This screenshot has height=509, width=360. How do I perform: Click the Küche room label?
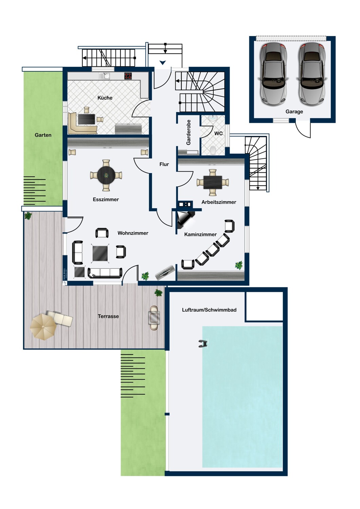(x=105, y=98)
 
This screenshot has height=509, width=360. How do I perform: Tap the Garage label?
(x=294, y=111)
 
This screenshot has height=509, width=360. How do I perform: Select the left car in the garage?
(x=273, y=74)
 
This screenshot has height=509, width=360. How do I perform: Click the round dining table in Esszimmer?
(x=106, y=175)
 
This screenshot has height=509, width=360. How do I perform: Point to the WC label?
(x=218, y=133)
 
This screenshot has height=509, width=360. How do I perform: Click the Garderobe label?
(x=189, y=132)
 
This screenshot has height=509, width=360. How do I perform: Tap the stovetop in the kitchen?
(x=128, y=76)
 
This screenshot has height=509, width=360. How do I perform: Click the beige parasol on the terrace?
(x=43, y=327)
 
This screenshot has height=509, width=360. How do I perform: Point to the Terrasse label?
(x=108, y=316)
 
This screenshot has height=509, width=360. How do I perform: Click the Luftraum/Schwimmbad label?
(x=209, y=310)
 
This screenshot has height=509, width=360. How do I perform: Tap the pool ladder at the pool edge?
(x=203, y=344)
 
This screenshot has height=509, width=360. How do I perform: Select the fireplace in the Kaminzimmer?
(x=185, y=219)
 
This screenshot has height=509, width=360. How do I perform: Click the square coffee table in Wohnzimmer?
(x=100, y=253)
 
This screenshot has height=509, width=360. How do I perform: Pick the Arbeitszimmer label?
(x=219, y=202)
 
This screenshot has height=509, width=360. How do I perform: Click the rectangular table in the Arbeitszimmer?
(x=213, y=182)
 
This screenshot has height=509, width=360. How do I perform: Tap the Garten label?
(x=43, y=135)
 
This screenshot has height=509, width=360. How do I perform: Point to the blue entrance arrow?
(x=163, y=62)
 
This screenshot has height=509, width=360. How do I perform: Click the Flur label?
(x=164, y=164)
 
